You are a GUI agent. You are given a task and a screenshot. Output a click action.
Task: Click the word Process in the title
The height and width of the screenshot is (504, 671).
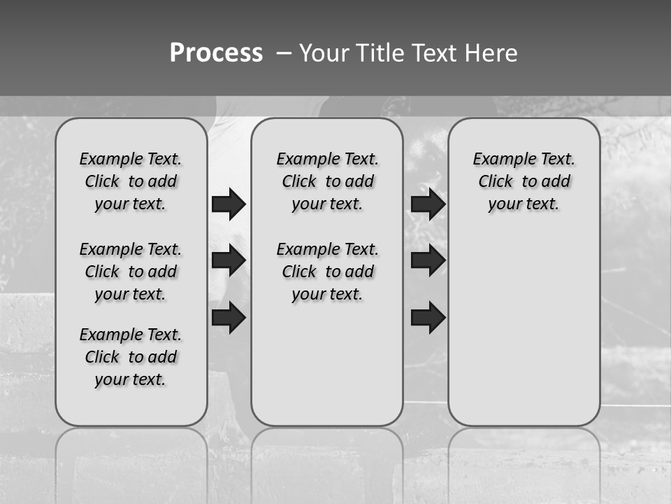pyautogui.click(x=216, y=52)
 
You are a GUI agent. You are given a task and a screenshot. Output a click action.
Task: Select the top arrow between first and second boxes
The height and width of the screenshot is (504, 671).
pyautogui.click(x=229, y=204)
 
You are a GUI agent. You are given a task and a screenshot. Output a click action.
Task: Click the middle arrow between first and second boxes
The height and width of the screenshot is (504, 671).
pyautogui.click(x=229, y=261)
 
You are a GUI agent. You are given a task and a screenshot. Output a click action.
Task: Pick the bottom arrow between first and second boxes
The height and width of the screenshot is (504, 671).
pyautogui.click(x=229, y=317)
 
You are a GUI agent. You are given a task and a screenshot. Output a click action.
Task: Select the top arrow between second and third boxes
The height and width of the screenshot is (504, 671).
pyautogui.click(x=428, y=204)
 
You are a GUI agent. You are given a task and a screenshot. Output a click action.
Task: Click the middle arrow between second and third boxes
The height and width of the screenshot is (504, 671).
pyautogui.click(x=428, y=261)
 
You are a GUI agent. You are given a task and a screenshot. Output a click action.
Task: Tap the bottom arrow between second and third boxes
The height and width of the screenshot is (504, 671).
pyautogui.click(x=428, y=317)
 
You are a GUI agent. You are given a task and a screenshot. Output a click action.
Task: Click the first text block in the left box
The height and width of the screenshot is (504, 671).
pyautogui.click(x=131, y=181)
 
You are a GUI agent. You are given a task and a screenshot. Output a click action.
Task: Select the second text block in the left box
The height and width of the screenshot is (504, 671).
pyautogui.click(x=131, y=272)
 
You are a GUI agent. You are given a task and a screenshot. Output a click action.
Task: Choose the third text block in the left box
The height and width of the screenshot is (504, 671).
pyautogui.click(x=131, y=357)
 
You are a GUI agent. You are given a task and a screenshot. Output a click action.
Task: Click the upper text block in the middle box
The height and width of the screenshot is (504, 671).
pyautogui.click(x=327, y=181)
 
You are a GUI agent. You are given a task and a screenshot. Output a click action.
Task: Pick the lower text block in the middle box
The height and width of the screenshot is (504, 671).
pyautogui.click(x=327, y=272)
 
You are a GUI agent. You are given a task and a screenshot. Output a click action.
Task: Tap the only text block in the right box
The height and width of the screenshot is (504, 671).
pyautogui.click(x=524, y=181)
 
